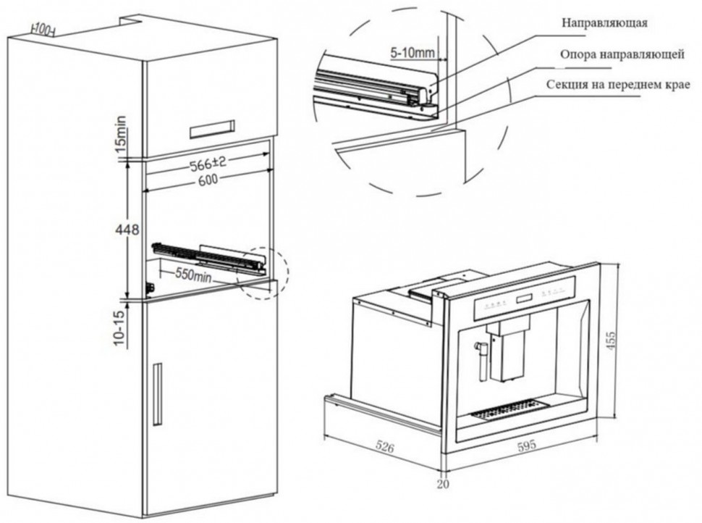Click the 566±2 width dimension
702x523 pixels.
click(x=208, y=164)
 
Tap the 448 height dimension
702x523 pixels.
click(x=127, y=230)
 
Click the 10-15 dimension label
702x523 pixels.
click(x=120, y=327)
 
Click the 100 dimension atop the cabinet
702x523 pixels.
click(x=44, y=29)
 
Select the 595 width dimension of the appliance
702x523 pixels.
click(x=527, y=445)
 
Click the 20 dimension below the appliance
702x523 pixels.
click(x=442, y=483)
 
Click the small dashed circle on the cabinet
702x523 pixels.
click(x=266, y=272)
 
